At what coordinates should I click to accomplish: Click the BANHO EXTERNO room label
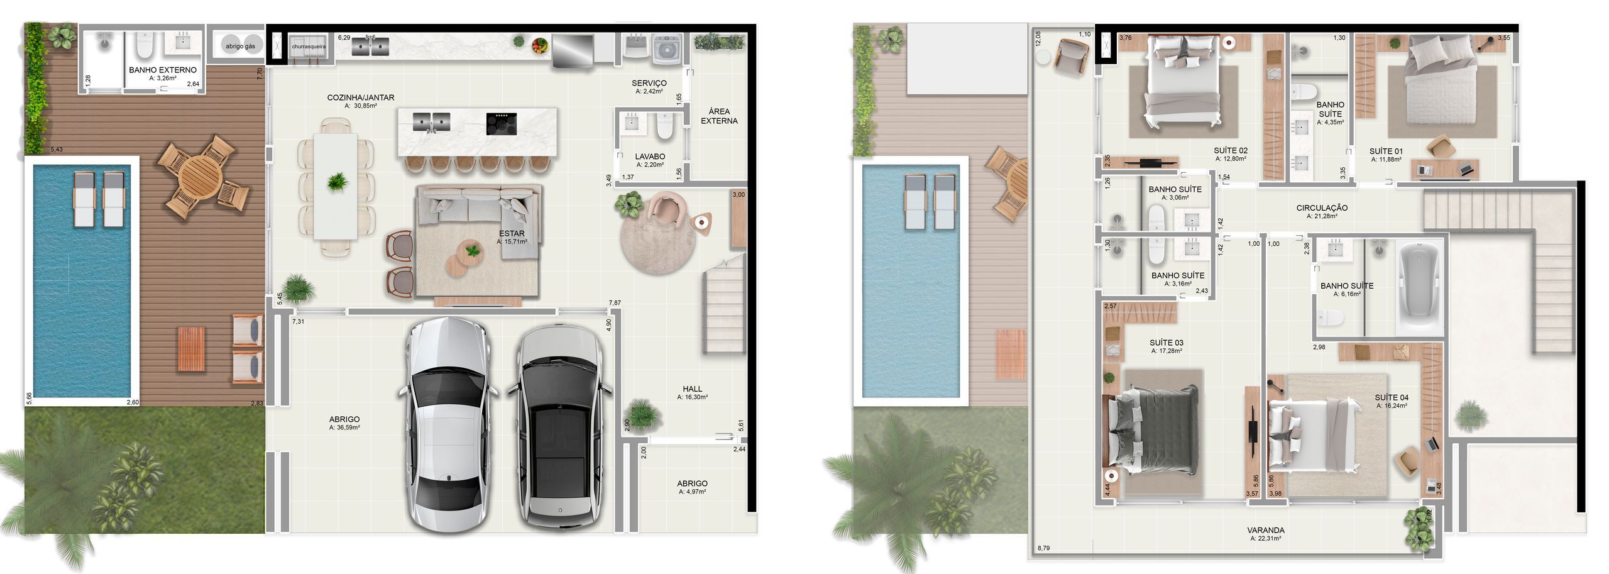click(163, 70)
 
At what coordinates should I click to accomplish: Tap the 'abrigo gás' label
click(241, 47)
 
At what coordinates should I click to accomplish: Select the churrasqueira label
click(309, 47)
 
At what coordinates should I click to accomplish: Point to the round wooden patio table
click(199, 176)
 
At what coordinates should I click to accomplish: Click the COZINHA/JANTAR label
click(361, 97)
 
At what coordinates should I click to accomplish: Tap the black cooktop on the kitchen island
click(501, 124)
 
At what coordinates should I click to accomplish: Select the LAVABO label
click(650, 157)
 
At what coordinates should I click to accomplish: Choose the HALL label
click(693, 389)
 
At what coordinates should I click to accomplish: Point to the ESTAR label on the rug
click(512, 234)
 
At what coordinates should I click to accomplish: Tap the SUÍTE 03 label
click(1167, 343)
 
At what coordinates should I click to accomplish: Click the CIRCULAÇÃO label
click(1322, 208)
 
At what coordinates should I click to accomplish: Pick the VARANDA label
click(1266, 531)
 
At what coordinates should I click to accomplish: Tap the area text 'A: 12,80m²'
click(1231, 159)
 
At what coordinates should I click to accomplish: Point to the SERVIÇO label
click(649, 83)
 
